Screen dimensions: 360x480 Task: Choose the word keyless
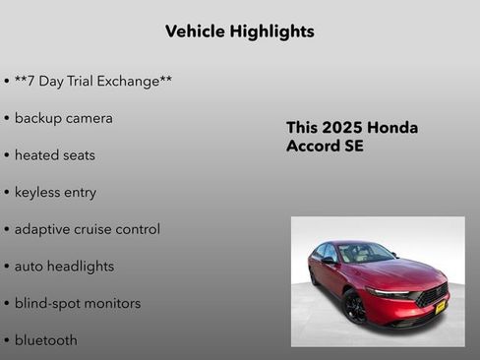(40, 193)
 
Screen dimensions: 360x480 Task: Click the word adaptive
(44, 229)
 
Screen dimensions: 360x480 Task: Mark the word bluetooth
(45, 340)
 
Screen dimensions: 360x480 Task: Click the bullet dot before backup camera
(7, 119)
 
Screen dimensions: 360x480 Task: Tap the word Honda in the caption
(394, 128)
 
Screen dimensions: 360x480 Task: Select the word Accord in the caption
(314, 147)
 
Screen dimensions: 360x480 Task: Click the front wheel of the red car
(354, 306)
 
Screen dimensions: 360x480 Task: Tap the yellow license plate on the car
(439, 306)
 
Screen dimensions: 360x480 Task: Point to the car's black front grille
(430, 294)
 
